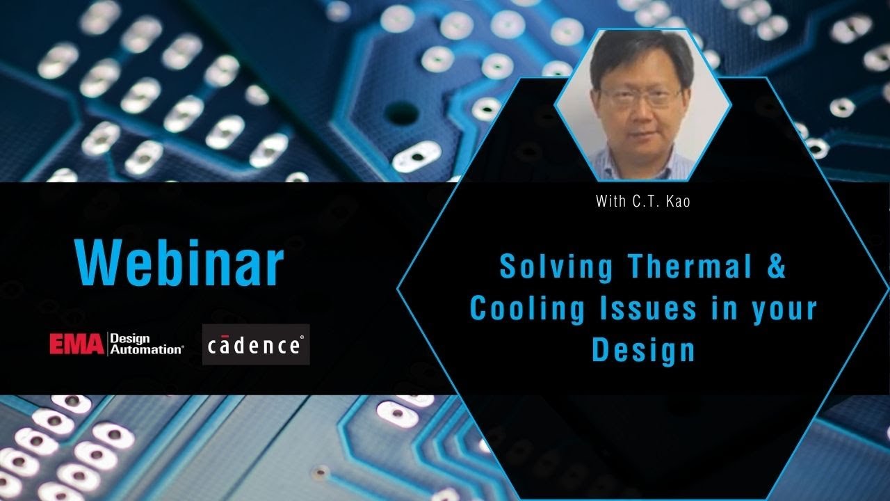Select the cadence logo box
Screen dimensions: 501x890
pyautogui.click(x=256, y=344)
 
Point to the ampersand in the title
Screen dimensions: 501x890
pyautogui.click(x=776, y=267)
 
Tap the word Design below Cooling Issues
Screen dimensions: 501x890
pyautogui.click(x=643, y=349)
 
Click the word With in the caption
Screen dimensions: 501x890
pyautogui.click(x=609, y=202)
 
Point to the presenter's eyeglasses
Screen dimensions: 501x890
pyautogui.click(x=640, y=97)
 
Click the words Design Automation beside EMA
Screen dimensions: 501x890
pyautogui.click(x=147, y=344)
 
